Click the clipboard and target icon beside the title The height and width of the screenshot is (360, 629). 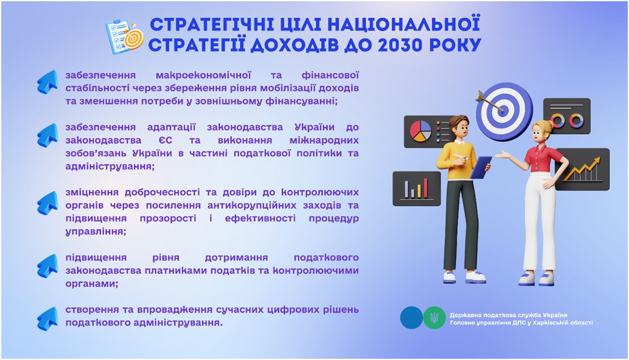(x=124, y=37)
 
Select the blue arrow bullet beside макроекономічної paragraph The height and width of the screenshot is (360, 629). (x=48, y=82)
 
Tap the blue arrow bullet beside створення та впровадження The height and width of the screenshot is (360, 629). (x=48, y=319)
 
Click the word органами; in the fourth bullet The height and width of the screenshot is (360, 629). (x=92, y=284)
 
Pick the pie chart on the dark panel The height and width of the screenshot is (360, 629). (x=420, y=131)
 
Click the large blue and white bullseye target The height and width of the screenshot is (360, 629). (x=505, y=111)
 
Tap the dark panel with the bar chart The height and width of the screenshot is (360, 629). (x=416, y=189)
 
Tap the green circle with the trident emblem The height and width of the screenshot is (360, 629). (x=434, y=318)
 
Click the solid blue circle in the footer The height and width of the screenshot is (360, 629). (x=411, y=318)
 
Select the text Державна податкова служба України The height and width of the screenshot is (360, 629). (x=508, y=315)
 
